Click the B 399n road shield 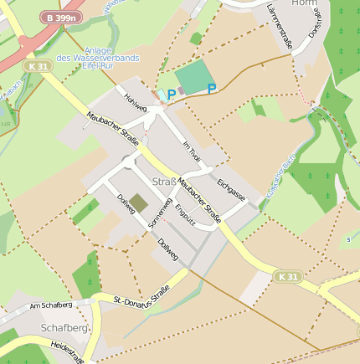(61, 17)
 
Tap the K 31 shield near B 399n (37, 66)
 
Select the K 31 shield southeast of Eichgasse (288, 276)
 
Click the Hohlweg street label (134, 102)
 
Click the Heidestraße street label (67, 351)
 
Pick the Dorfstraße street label (314, 26)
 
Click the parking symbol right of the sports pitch (212, 89)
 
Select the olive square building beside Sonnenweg (139, 202)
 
